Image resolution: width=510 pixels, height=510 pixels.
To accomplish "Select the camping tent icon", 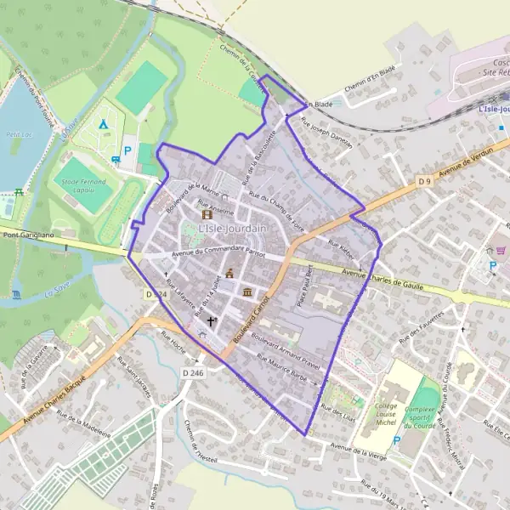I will tap(103, 125).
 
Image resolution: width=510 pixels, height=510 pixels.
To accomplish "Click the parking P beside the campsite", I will tap(128, 150).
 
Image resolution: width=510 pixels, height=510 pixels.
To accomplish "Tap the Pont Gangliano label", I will tap(22, 235).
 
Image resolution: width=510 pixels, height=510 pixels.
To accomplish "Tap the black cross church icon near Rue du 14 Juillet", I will tap(211, 321).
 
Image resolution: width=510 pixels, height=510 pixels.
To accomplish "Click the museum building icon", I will tap(247, 293).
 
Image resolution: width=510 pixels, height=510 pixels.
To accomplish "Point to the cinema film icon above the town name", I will tap(207, 215).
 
